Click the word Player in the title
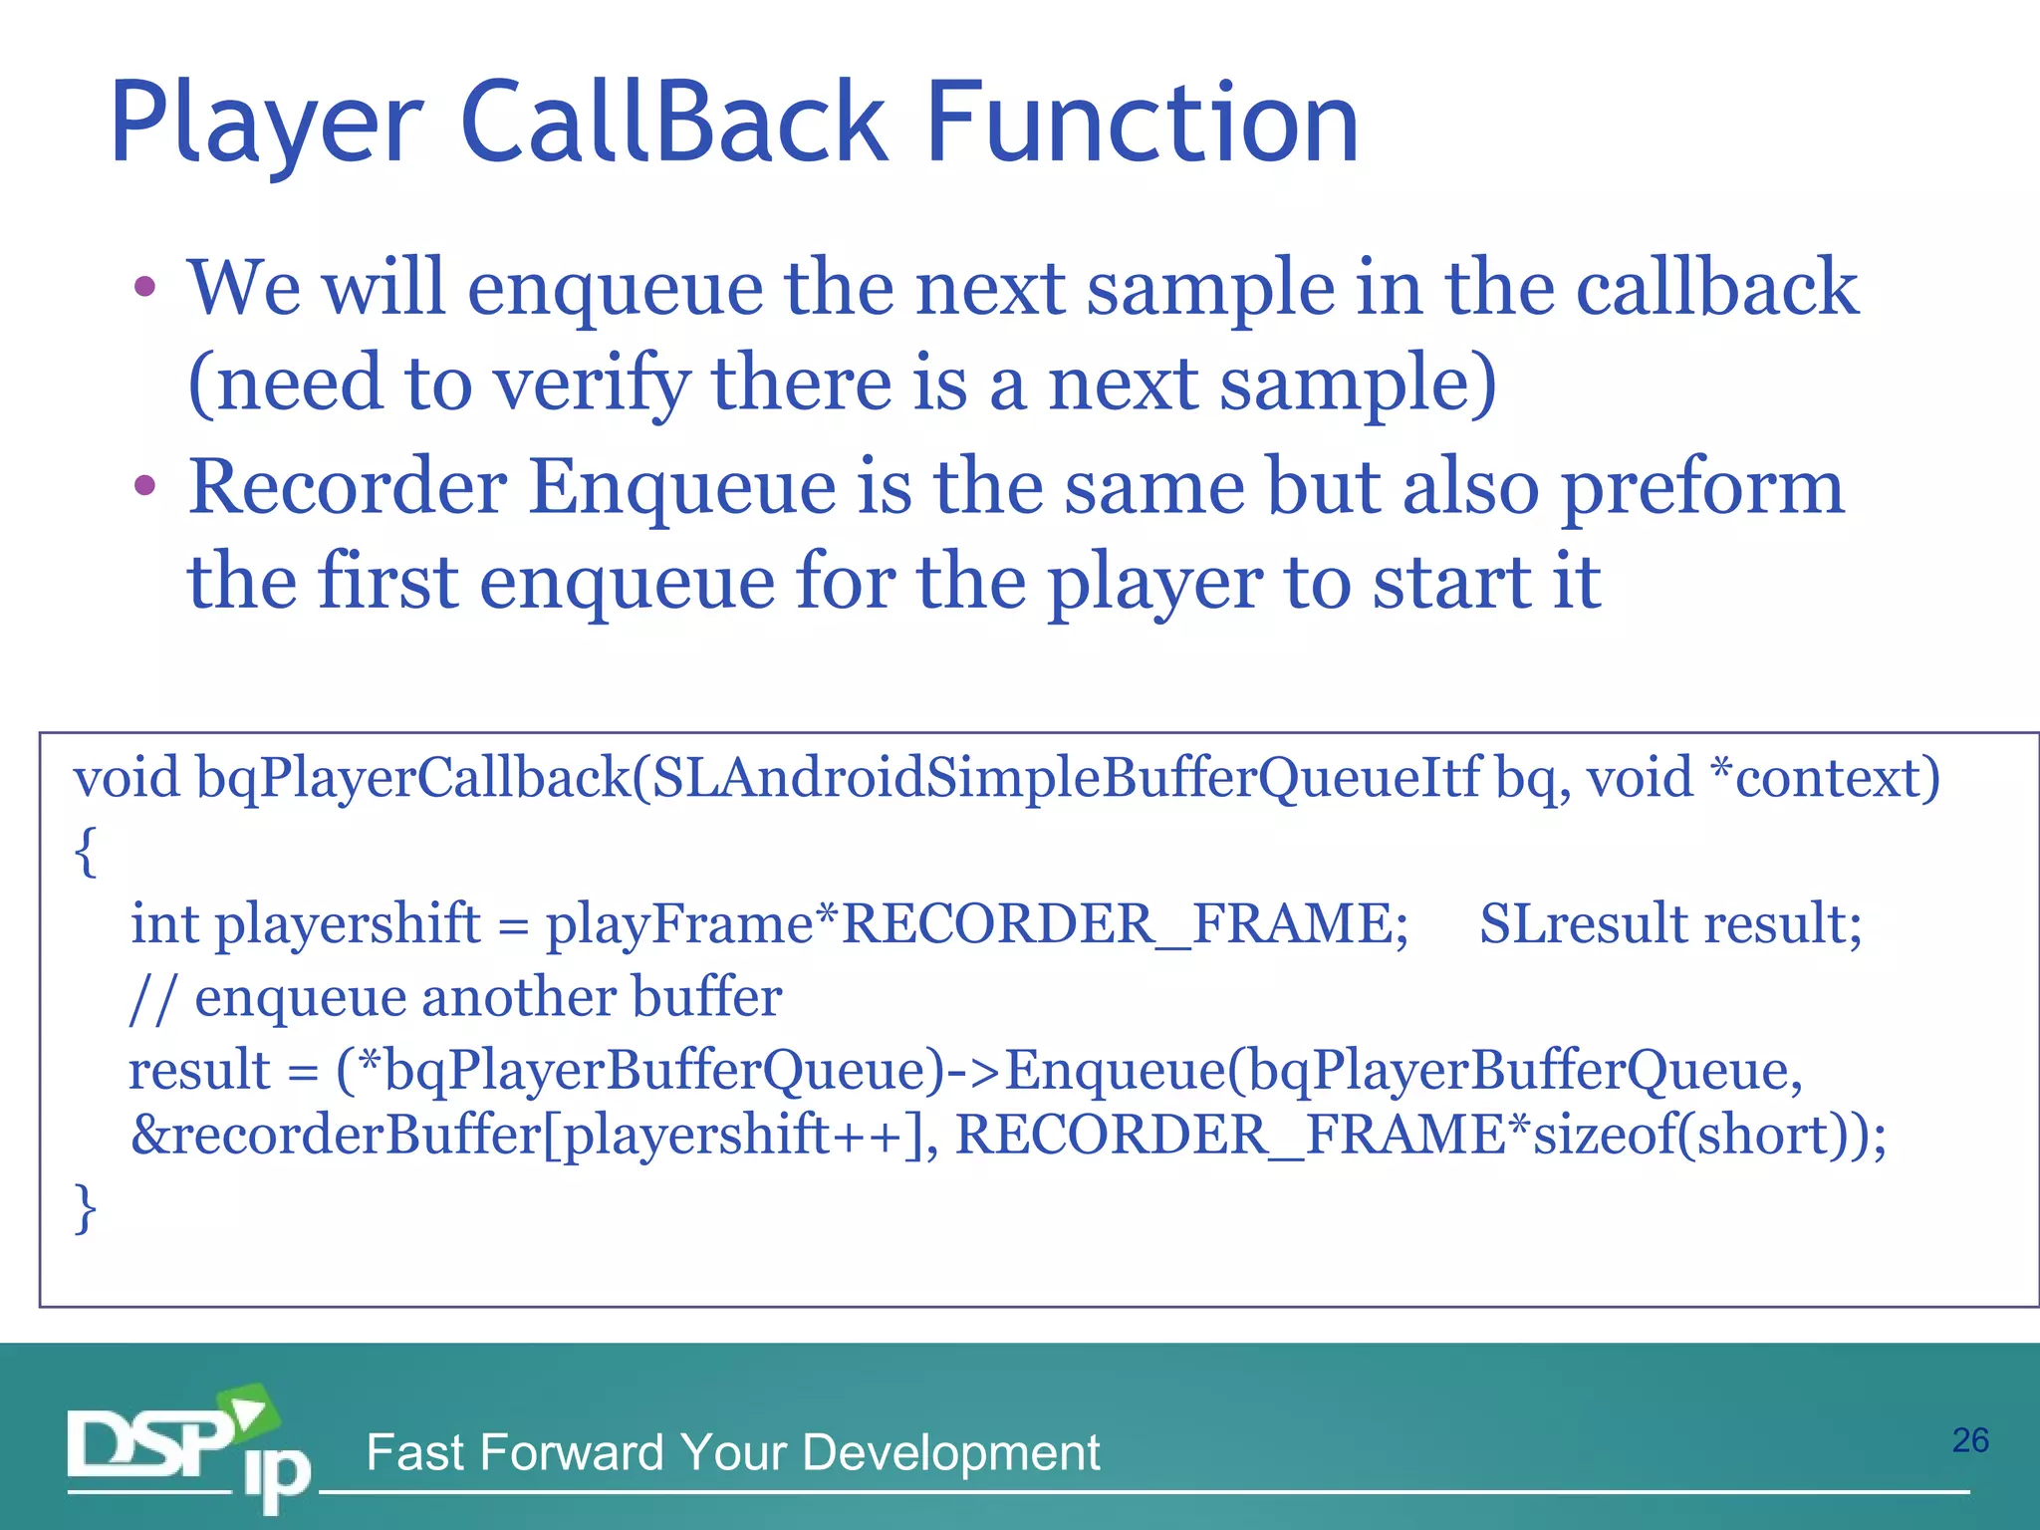[267, 125]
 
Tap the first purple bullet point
[145, 288]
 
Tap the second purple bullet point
[145, 486]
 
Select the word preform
[1702, 488]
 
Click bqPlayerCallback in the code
[413, 778]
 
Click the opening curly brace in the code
[86, 852]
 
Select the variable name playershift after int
[348, 924]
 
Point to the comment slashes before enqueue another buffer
[152, 998]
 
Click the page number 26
[1969, 1440]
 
